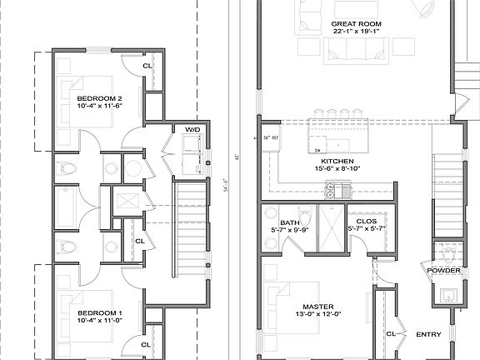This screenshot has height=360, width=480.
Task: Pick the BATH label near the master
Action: click(x=290, y=222)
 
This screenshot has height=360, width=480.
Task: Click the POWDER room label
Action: click(x=443, y=271)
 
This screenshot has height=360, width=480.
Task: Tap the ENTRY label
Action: click(x=428, y=335)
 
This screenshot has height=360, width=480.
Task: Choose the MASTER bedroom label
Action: click(x=317, y=307)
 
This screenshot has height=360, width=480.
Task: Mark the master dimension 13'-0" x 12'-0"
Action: click(x=317, y=315)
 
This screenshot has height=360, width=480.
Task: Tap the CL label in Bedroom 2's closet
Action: click(x=147, y=65)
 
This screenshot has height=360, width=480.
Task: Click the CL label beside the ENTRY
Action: click(x=391, y=334)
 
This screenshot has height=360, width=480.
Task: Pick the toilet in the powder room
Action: click(x=449, y=253)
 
